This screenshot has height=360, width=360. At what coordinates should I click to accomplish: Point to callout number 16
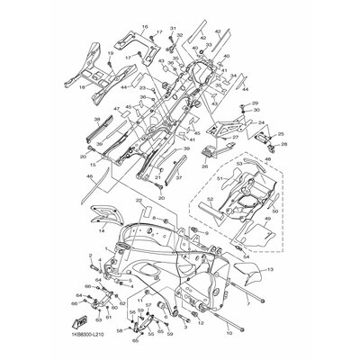coord(144,28)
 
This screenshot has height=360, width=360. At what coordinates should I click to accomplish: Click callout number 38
coord(97,119)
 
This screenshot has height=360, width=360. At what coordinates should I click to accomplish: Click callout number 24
coord(263,123)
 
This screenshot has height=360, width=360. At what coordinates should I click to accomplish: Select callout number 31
coord(174,28)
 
